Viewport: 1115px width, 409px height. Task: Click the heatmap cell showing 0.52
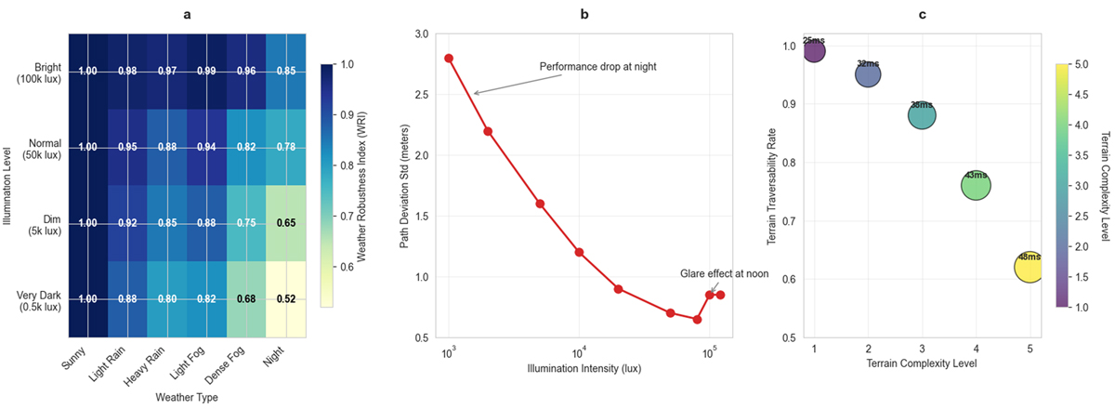pos(283,298)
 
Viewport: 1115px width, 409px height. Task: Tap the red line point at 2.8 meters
pos(449,58)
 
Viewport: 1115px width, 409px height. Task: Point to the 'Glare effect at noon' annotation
pos(722,273)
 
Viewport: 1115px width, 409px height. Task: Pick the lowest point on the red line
pos(697,319)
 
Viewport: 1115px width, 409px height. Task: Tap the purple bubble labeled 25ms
pos(814,48)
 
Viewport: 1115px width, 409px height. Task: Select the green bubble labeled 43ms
pos(975,186)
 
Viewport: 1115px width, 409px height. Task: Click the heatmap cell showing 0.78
pos(283,147)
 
